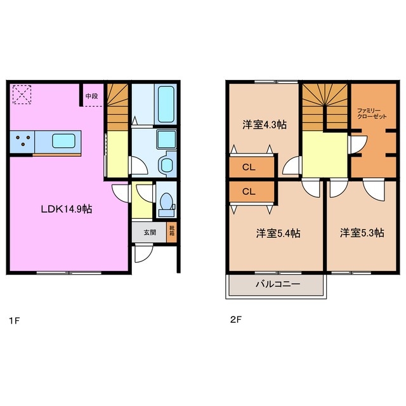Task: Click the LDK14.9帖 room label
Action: coord(67,208)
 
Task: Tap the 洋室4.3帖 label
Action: coord(265,125)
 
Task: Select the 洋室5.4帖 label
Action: coord(278,233)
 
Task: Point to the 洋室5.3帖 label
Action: coord(361,233)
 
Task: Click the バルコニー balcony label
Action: coord(277,285)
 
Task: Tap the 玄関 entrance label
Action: coord(149,232)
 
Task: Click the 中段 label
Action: coord(92,96)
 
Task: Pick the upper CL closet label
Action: coord(249,168)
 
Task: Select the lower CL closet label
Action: coord(249,190)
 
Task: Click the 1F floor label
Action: coord(14,320)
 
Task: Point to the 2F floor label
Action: coord(235,320)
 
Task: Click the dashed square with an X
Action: coord(22,95)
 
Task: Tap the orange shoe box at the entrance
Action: coord(171,232)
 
